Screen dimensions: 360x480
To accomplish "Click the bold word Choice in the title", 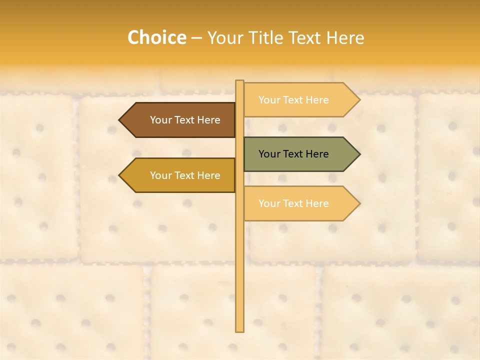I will coord(156,37).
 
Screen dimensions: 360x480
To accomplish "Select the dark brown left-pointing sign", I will coord(180,120).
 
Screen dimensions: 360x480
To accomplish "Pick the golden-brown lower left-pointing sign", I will coord(180,175).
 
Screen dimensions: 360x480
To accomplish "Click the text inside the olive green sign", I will coord(293,154).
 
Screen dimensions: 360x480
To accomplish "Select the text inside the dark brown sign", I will coord(185,120).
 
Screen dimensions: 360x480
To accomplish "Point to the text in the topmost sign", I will coord(293,100).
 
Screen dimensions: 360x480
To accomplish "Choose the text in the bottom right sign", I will coord(293,203).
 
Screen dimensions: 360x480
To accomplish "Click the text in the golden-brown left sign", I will coord(185,175).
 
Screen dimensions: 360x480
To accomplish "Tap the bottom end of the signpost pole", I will coord(240,330).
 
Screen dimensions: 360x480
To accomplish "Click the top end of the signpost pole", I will coord(240,81).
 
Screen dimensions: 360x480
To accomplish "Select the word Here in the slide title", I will coord(345,37).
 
